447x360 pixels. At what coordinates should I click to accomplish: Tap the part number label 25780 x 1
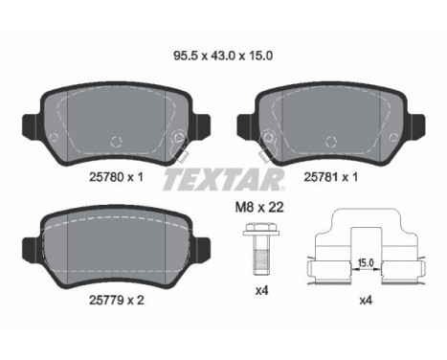pyautogui.click(x=116, y=177)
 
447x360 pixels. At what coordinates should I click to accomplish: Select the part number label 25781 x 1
pyautogui.click(x=331, y=177)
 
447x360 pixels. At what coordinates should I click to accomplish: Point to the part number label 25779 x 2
pyautogui.click(x=117, y=300)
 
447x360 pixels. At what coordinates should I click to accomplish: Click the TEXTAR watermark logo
pyautogui.click(x=223, y=180)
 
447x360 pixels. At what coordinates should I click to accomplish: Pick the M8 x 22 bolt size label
pyautogui.click(x=259, y=208)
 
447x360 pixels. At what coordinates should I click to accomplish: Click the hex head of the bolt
pyautogui.click(x=257, y=229)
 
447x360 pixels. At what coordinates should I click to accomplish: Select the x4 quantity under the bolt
pyautogui.click(x=262, y=291)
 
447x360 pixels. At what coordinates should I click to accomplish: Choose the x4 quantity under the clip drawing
pyautogui.click(x=366, y=301)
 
